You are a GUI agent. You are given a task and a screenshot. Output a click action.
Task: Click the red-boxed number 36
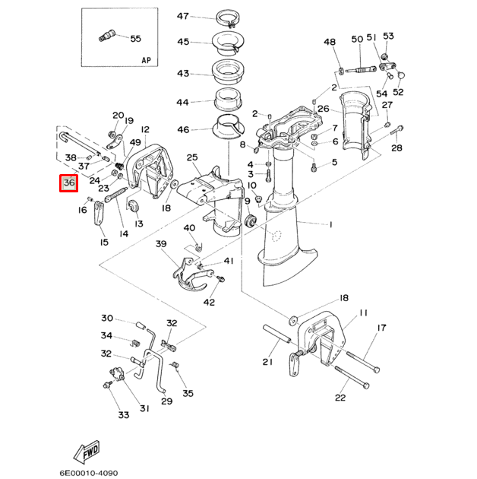pyautogui.click(x=69, y=183)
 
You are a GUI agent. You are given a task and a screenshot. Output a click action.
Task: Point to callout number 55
pyautogui.click(x=135, y=38)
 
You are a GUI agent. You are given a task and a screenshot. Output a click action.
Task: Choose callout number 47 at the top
pyautogui.click(x=183, y=17)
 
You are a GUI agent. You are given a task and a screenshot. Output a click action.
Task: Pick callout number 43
pyautogui.click(x=183, y=74)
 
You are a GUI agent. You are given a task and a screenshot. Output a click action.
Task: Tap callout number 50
pyautogui.click(x=357, y=39)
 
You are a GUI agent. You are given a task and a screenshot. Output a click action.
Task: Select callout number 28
pyautogui.click(x=396, y=148)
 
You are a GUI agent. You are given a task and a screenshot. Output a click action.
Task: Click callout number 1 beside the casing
pyautogui.click(x=330, y=224)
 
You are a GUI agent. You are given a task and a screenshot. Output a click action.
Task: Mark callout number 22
pyautogui.click(x=340, y=398)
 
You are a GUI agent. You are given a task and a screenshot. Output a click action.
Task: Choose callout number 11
pyautogui.click(x=363, y=312)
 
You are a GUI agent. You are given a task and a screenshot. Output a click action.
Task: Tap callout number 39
pyautogui.click(x=160, y=244)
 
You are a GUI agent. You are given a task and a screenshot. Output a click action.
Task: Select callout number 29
pyautogui.click(x=166, y=401)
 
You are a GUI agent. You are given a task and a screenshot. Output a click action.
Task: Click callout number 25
pyautogui.click(x=192, y=157)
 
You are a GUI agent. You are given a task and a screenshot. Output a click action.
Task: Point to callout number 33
pyautogui.click(x=123, y=414)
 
